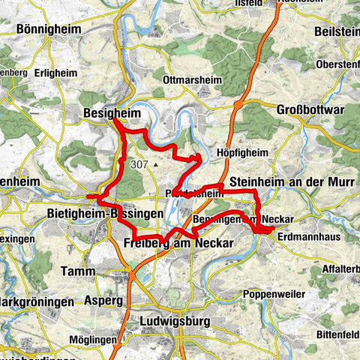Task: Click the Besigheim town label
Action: coord(109,115)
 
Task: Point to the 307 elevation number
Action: coord(139,163)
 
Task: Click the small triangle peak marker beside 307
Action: coord(155,164)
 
